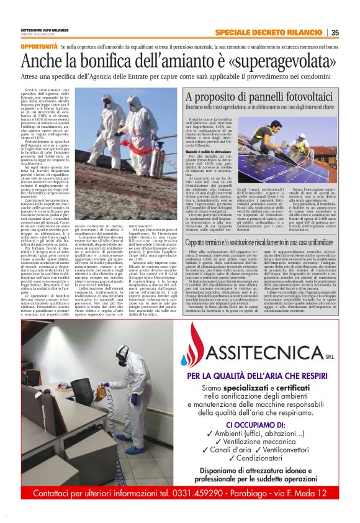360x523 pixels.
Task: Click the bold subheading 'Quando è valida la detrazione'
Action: pyautogui.click(x=210, y=151)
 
